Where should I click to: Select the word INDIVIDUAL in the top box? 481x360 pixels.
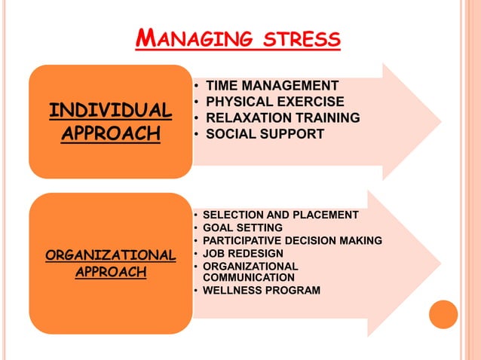click(110, 111)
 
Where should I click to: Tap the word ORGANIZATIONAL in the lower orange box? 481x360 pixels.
click(110, 255)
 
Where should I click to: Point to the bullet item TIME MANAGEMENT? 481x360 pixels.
click(272, 85)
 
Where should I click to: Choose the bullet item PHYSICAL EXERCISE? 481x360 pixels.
click(275, 102)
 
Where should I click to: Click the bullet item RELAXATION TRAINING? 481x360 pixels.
click(283, 118)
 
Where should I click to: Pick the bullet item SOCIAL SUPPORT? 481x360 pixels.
click(265, 135)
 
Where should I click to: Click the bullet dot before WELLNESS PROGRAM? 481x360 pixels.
click(197, 291)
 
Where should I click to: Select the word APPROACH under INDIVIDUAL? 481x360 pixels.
click(110, 134)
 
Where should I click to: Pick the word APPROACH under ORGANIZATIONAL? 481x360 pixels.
click(110, 271)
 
